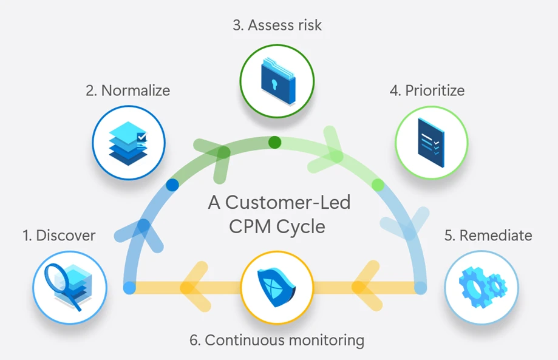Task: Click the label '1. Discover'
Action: [59, 236]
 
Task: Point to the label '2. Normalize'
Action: [128, 91]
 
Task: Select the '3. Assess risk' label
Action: [277, 25]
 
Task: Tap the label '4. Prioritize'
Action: [427, 91]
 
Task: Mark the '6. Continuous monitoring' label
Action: [277, 340]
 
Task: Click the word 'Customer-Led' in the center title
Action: [298, 202]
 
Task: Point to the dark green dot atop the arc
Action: [275, 143]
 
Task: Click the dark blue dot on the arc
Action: [172, 184]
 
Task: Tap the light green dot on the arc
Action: [378, 184]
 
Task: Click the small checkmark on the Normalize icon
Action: [141, 138]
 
